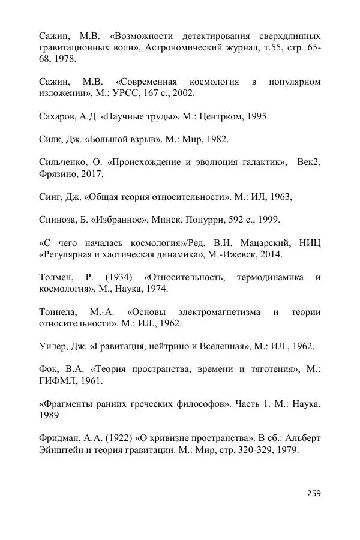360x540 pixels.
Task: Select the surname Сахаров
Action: (58, 116)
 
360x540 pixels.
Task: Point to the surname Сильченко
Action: (65, 162)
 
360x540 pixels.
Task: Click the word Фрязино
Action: (58, 174)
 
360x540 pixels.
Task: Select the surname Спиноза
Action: (59, 220)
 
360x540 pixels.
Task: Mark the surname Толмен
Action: (55, 277)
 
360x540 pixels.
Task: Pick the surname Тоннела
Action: (58, 312)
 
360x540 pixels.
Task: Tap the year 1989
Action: (49, 415)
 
